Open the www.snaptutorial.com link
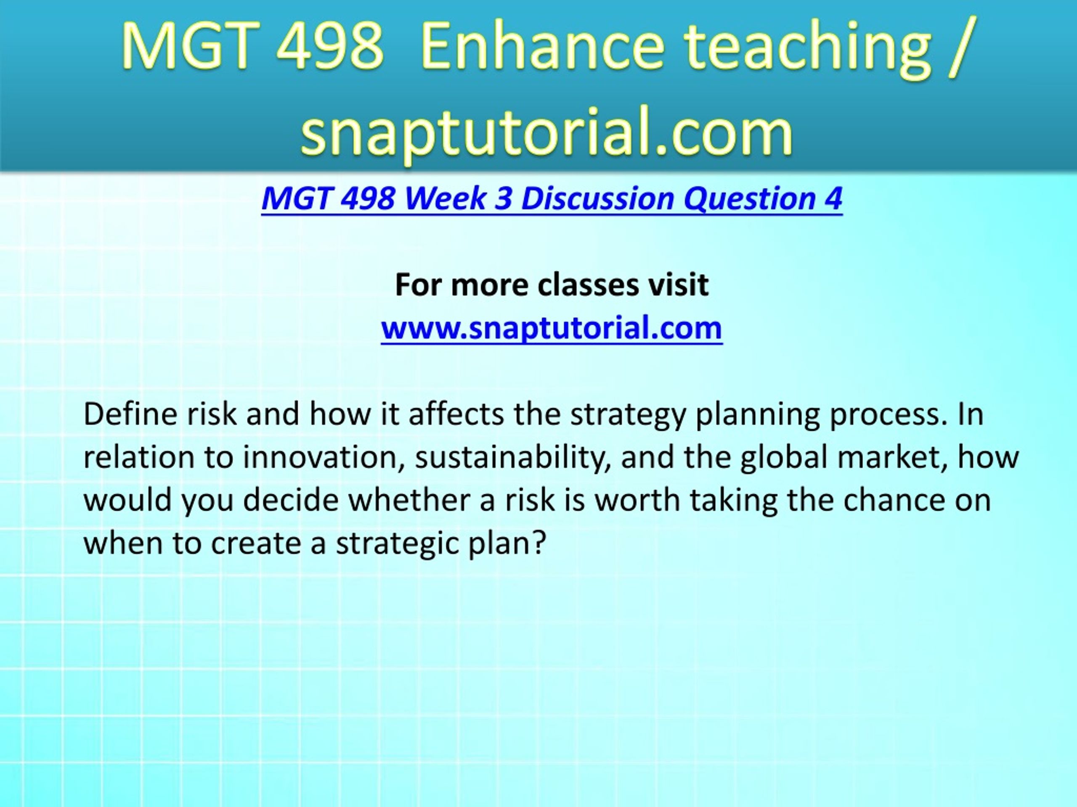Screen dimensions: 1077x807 552,328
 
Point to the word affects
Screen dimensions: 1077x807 456,414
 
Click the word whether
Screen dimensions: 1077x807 409,500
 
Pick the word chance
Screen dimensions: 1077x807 894,500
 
